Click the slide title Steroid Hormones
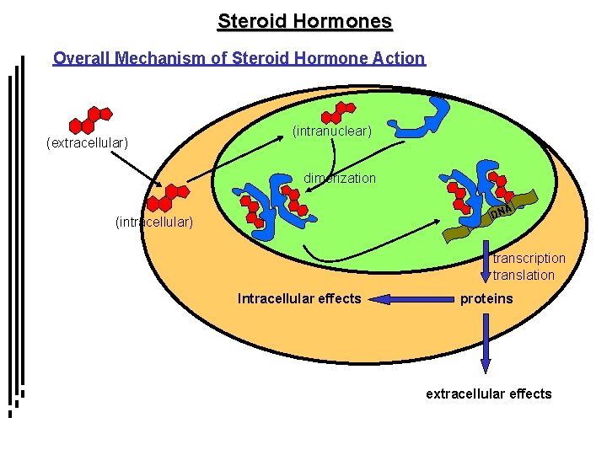tap(304, 21)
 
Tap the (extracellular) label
tap(86, 143)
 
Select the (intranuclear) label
tap(331, 132)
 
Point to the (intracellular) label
tap(153, 222)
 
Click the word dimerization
tap(340, 179)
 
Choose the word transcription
tap(529, 258)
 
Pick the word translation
tap(524, 275)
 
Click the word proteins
tap(486, 298)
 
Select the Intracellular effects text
tap(299, 298)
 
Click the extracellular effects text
tap(488, 393)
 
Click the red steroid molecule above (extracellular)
tap(90, 120)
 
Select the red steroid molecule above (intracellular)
tap(167, 198)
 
